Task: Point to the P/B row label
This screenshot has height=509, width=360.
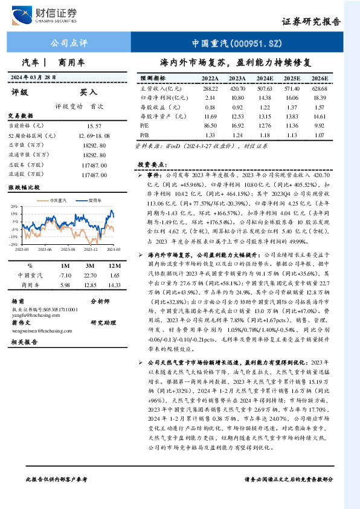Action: pyautogui.click(x=144, y=134)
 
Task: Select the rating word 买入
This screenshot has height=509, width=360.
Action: pyautogui.click(x=89, y=92)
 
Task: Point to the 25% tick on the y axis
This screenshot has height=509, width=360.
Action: pyautogui.click(x=13, y=207)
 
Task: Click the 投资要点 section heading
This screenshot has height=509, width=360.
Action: pyautogui.click(x=152, y=164)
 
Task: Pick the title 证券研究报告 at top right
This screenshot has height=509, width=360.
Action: pyautogui.click(x=311, y=21)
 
